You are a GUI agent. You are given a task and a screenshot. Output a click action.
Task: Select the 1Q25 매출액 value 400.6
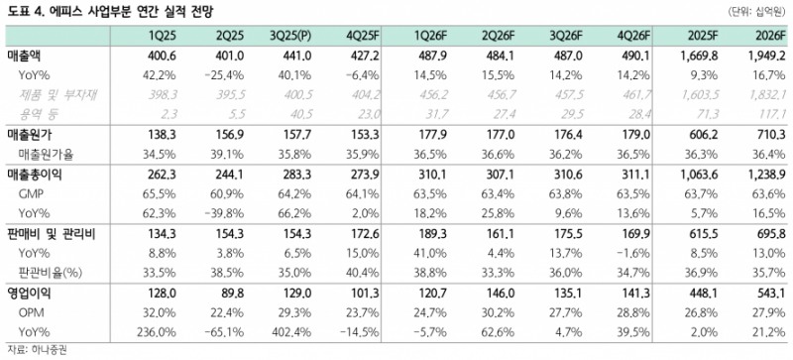(x=160, y=57)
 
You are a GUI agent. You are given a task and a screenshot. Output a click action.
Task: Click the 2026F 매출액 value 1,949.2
(x=762, y=57)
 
